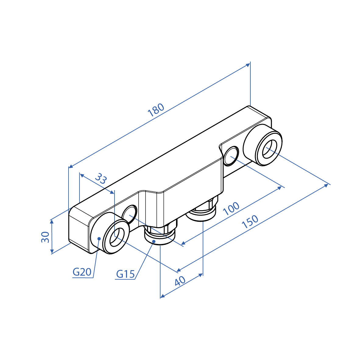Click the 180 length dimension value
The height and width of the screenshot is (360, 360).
point(156,110)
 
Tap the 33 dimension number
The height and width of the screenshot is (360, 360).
point(101,178)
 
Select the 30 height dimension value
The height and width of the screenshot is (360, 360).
point(45,237)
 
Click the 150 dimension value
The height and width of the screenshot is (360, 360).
point(250,221)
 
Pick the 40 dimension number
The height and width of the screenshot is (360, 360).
point(180,281)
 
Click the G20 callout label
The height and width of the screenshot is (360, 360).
point(82,272)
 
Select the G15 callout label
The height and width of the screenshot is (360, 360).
point(125,274)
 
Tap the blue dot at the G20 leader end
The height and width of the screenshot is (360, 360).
point(99,239)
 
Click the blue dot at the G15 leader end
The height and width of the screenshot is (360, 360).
point(154,241)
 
